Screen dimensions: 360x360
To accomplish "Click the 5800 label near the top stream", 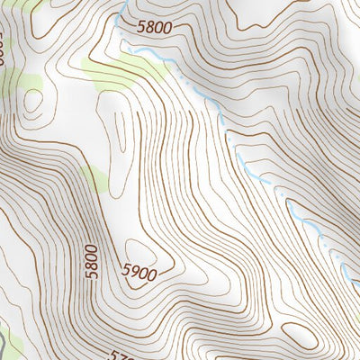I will tap(154, 27).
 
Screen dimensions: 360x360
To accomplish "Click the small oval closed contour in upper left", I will tap(34, 103).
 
